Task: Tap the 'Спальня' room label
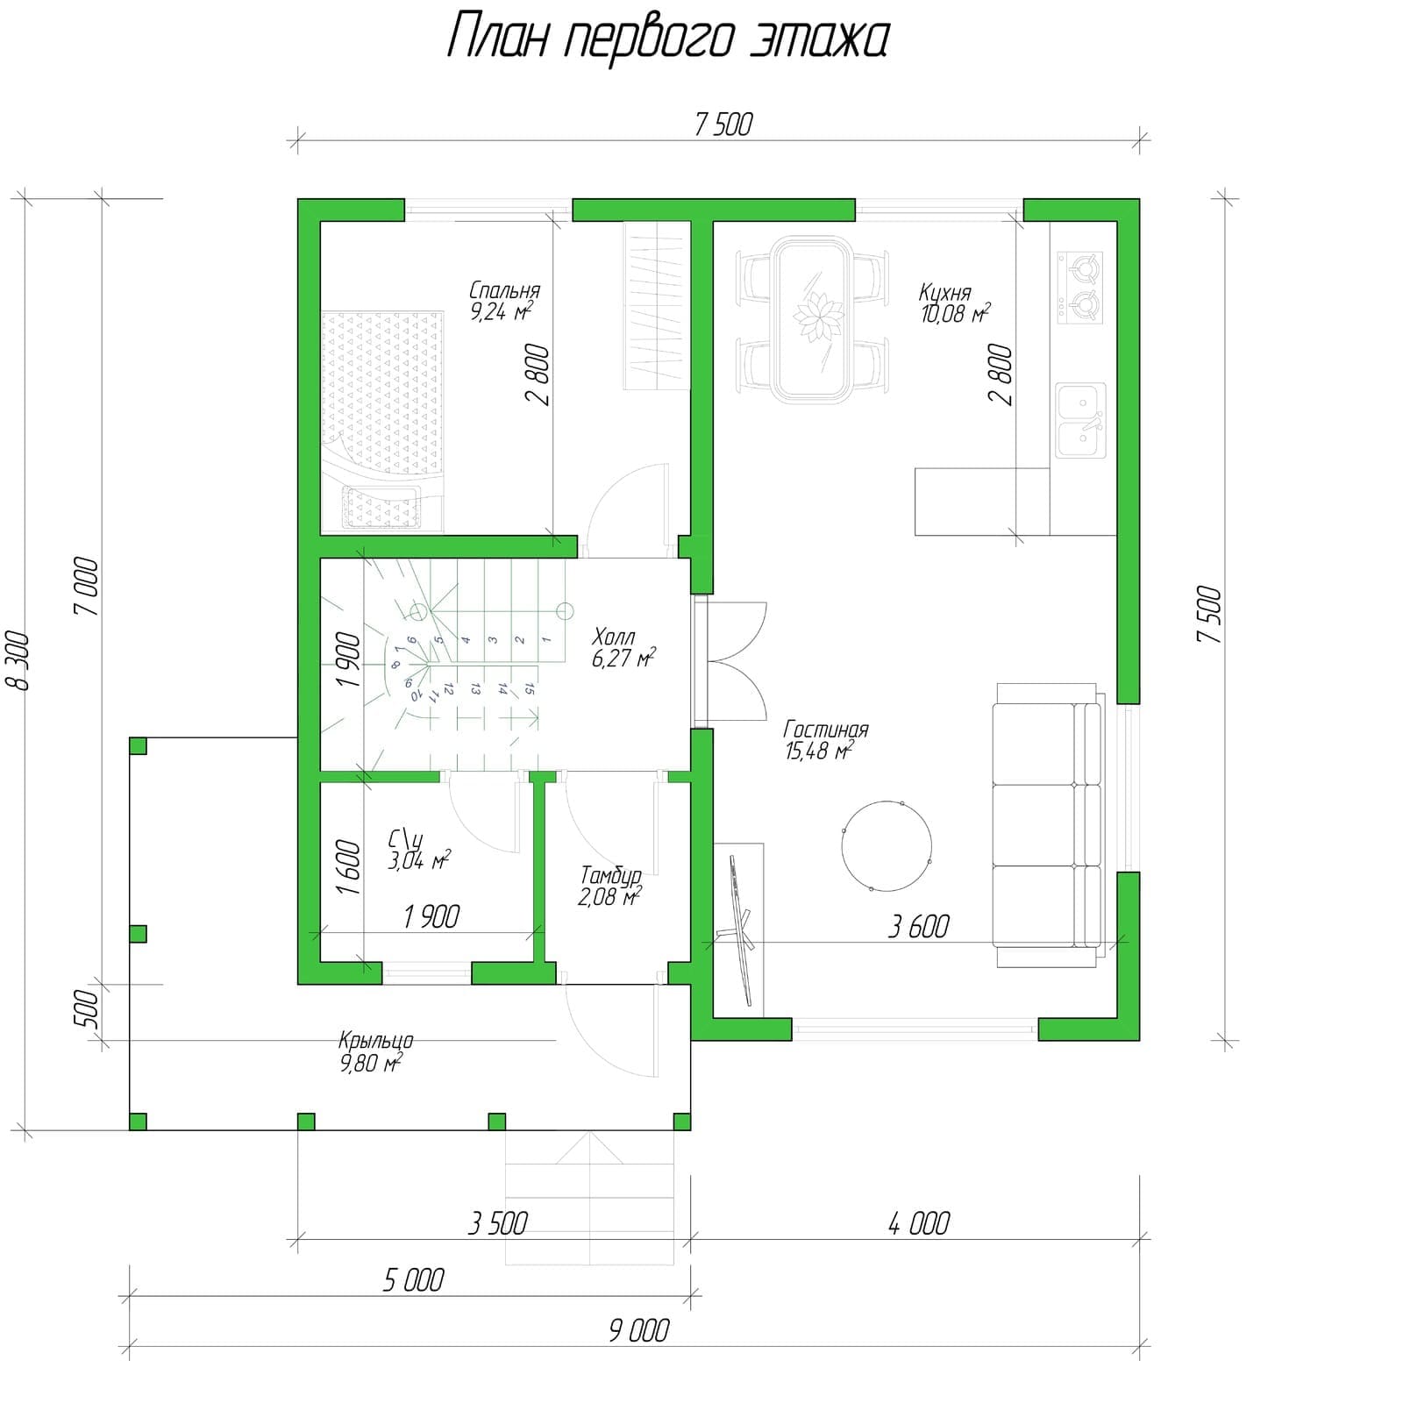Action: pyautogui.click(x=505, y=290)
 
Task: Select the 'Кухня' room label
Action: pyautogui.click(x=945, y=292)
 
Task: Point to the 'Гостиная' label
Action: pyautogui.click(x=826, y=730)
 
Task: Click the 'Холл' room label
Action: pyautogui.click(x=614, y=637)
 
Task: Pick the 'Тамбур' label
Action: pyautogui.click(x=611, y=875)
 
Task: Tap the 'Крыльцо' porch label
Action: pyautogui.click(x=376, y=1041)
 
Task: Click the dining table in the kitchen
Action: pyautogui.click(x=811, y=320)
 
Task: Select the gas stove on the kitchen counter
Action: pyautogui.click(x=1080, y=287)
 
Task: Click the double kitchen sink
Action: pyautogui.click(x=1081, y=420)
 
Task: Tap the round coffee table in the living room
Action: pyautogui.click(x=887, y=846)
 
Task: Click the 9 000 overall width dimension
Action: pyautogui.click(x=638, y=1330)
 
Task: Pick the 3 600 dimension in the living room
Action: pyautogui.click(x=918, y=926)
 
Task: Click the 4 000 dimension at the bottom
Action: pyautogui.click(x=919, y=1223)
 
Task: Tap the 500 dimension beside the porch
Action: pyautogui.click(x=89, y=1012)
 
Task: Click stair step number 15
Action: pyautogui.click(x=529, y=689)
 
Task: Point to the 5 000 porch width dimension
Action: pyautogui.click(x=413, y=1280)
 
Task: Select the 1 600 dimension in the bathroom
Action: pyautogui.click(x=348, y=867)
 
